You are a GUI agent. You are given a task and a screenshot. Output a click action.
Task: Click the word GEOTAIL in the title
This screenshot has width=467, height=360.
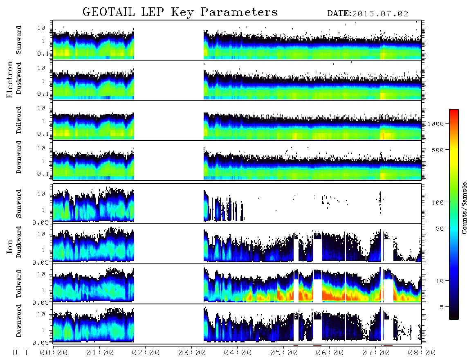[x=109, y=12]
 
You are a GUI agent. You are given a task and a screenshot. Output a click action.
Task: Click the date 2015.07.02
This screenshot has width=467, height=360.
[x=380, y=14]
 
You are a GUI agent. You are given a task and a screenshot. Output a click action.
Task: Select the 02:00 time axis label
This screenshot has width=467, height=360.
[x=146, y=353]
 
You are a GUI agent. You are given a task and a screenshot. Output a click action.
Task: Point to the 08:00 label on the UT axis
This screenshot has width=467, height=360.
[x=422, y=353]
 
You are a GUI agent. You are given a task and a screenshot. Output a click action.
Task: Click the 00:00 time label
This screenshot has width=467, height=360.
[x=54, y=353]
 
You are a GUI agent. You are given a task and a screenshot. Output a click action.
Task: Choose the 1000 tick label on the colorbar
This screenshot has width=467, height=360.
[x=436, y=124]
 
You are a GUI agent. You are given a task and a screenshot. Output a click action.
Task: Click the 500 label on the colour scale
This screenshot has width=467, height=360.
[x=438, y=150]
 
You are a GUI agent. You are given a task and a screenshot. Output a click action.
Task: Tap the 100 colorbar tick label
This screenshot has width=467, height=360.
[x=438, y=202]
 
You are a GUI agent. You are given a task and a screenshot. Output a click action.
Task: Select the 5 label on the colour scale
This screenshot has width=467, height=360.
[x=442, y=307]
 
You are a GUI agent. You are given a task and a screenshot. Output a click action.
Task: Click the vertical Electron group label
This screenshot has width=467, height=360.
[x=10, y=79]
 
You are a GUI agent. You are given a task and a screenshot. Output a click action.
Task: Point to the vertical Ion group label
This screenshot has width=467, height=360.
[x=10, y=246]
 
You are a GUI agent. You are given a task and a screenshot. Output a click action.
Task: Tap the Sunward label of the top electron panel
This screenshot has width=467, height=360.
[x=19, y=40]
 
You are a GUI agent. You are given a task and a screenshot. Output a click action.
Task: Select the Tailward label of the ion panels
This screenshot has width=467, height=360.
[x=19, y=284]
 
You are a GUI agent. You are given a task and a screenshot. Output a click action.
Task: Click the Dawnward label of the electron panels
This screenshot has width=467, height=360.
[x=19, y=157]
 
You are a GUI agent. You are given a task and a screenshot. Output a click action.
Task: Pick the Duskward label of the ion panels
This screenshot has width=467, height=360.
[x=19, y=242]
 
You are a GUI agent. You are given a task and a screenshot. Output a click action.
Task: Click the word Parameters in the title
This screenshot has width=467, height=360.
[x=239, y=12]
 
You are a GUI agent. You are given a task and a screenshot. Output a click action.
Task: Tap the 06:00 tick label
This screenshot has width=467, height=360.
[x=330, y=353]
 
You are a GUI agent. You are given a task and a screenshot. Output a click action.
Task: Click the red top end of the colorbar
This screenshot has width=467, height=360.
[x=454, y=111]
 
